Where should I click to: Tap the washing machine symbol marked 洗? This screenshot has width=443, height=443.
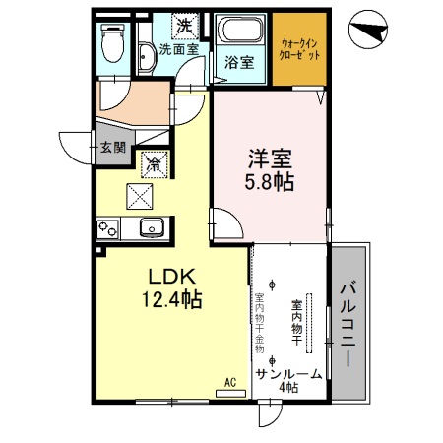[x=183, y=23]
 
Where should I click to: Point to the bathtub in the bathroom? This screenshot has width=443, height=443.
[x=241, y=31]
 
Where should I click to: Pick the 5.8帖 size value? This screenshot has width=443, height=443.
[x=268, y=182]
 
